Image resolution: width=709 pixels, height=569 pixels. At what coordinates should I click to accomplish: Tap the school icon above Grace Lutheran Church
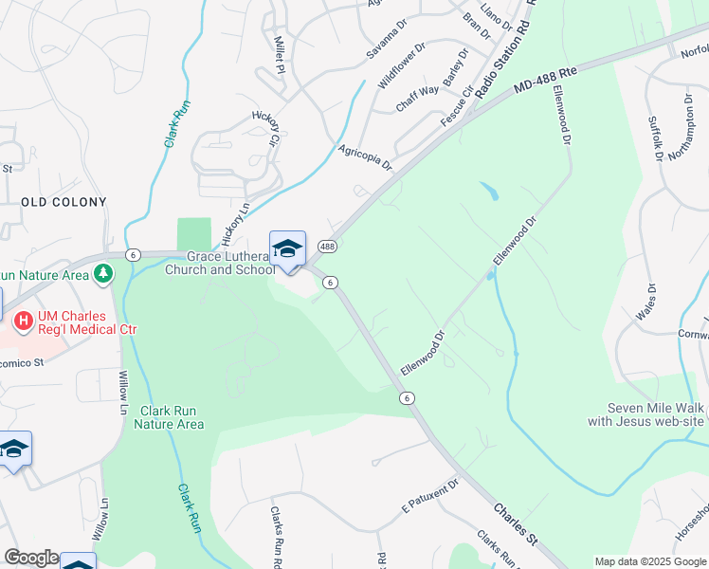[x=287, y=249]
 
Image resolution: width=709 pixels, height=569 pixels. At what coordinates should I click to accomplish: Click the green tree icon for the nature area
[x=102, y=274]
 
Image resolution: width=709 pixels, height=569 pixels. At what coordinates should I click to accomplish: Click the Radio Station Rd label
[x=503, y=58]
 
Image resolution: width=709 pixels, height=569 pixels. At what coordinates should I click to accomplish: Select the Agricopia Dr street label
[x=365, y=157]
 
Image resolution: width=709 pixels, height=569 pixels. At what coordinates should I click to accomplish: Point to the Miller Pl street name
[x=279, y=56]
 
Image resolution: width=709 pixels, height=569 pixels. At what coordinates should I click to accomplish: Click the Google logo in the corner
[x=30, y=558]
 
